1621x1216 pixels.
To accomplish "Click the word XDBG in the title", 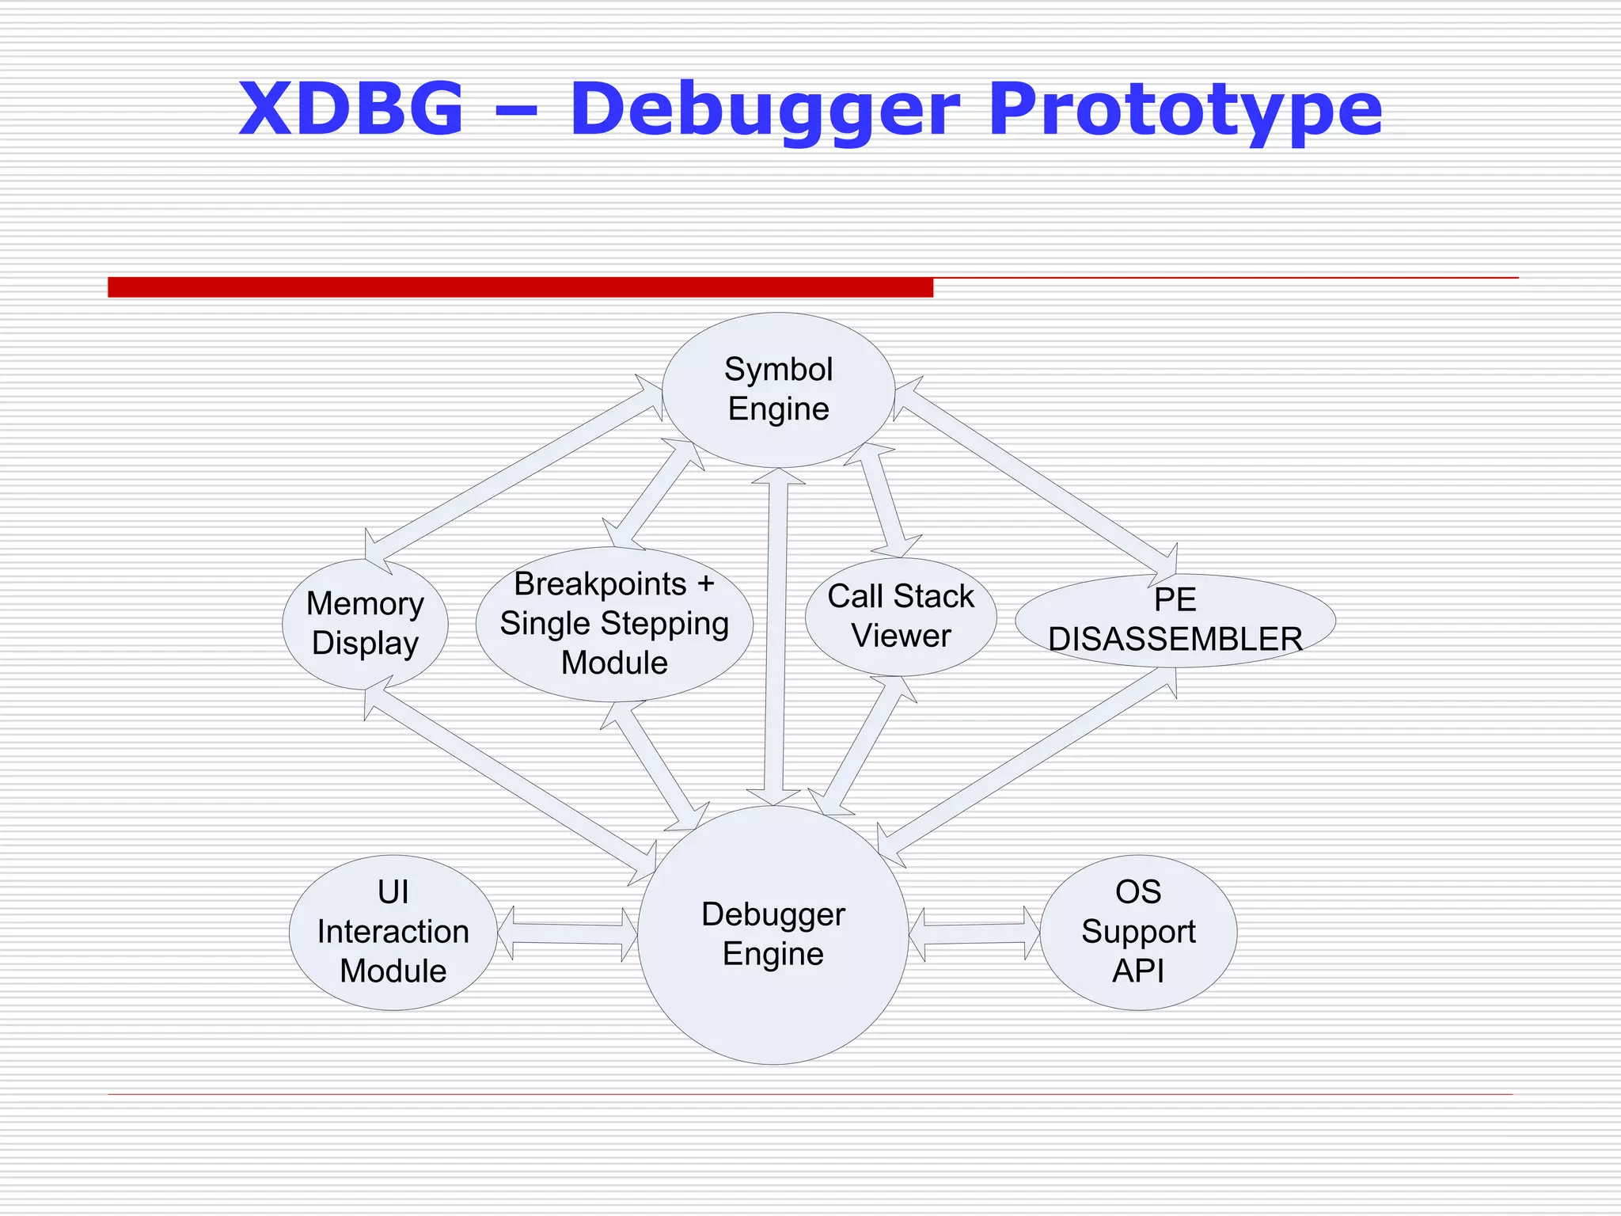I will pyautogui.click(x=351, y=108).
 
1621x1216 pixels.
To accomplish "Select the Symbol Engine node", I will pyautogui.click(x=778, y=389).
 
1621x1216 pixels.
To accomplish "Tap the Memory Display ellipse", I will pyautogui.click(x=365, y=624).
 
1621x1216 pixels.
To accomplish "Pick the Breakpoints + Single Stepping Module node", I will pyautogui.click(x=614, y=624).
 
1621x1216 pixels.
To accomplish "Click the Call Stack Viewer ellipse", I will pyautogui.click(x=900, y=617).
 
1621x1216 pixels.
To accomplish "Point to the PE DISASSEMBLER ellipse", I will pyautogui.click(x=1175, y=620).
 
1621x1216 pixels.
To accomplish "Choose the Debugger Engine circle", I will pyautogui.click(x=773, y=934).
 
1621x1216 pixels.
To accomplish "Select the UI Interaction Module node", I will pyautogui.click(x=393, y=932).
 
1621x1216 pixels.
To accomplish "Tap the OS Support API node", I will pyautogui.click(x=1137, y=932).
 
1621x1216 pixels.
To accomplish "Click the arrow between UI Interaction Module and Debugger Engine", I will pyautogui.click(x=568, y=934).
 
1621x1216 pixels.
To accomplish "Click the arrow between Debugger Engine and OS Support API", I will pyautogui.click(x=974, y=934).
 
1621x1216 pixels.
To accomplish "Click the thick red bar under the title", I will pyautogui.click(x=520, y=287).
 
